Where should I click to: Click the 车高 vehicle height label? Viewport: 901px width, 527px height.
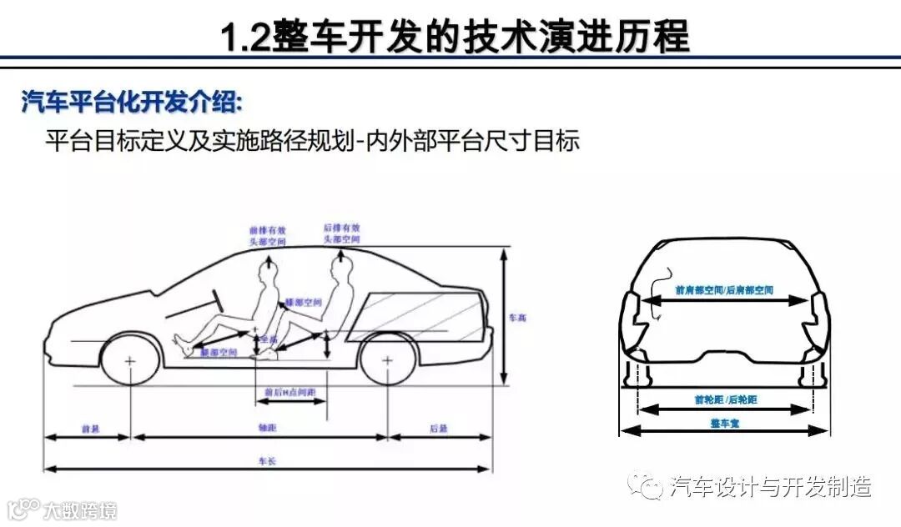pos(518,318)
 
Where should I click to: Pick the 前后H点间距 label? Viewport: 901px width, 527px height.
pos(289,392)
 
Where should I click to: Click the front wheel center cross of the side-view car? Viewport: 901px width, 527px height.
pos(130,362)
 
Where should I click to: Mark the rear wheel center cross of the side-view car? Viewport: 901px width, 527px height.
pos(387,362)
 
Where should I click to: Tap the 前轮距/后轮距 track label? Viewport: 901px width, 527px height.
pos(724,400)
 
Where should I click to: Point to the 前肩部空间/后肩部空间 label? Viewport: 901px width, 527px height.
pos(724,289)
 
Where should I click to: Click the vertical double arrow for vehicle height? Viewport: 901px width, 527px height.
pos(504,317)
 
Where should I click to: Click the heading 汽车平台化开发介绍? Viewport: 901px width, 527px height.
pos(132,103)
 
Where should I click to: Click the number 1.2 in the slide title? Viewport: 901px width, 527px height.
pos(244,38)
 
